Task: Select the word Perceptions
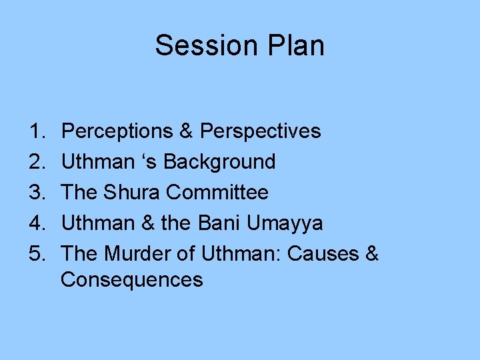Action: pos(117,132)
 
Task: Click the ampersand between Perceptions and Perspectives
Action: pos(187,131)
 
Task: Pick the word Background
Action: pos(219,162)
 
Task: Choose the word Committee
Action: pos(217,193)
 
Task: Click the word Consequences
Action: pos(131,279)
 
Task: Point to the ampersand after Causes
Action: pos(372,254)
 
